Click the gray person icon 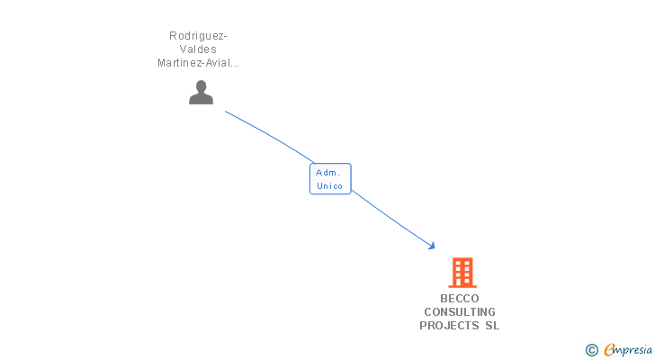click(x=201, y=92)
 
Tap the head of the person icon click(x=201, y=86)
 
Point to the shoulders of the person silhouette click(x=201, y=99)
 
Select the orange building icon click(x=462, y=273)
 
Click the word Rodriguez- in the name click(x=198, y=36)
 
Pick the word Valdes click(x=198, y=49)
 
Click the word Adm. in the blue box click(x=327, y=173)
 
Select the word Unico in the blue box click(x=329, y=185)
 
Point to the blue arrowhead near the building click(x=432, y=246)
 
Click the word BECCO click(x=460, y=299)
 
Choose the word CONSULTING click(x=460, y=312)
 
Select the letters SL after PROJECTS click(x=492, y=325)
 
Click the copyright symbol click(x=591, y=350)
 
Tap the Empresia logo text click(x=628, y=350)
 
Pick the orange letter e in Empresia click(x=609, y=349)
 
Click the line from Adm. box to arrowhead click(x=391, y=219)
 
